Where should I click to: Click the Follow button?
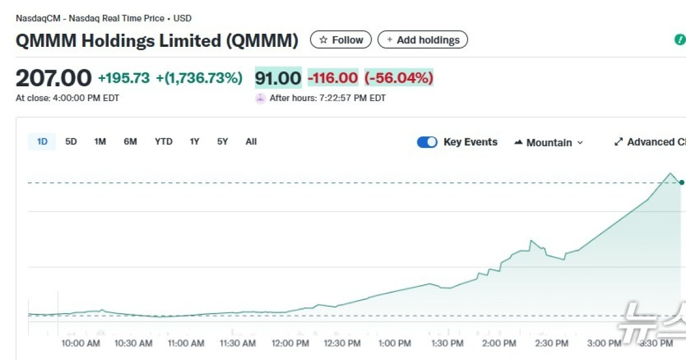pyautogui.click(x=341, y=40)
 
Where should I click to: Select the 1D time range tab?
pyautogui.click(x=42, y=142)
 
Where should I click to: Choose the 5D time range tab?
pyautogui.click(x=71, y=142)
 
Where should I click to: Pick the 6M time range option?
pyautogui.click(x=130, y=142)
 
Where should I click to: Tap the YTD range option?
pyautogui.click(x=163, y=142)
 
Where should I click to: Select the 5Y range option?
pyautogui.click(x=222, y=142)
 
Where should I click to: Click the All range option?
pyautogui.click(x=251, y=142)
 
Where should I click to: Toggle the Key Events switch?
pyautogui.click(x=427, y=142)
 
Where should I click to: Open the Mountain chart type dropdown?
pyautogui.click(x=549, y=142)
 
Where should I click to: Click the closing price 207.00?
pyautogui.click(x=53, y=78)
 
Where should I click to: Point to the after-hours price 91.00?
pyautogui.click(x=278, y=78)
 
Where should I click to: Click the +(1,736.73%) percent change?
pyautogui.click(x=199, y=78)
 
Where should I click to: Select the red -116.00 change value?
pyautogui.click(x=333, y=78)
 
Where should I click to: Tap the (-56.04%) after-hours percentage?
pyautogui.click(x=399, y=78)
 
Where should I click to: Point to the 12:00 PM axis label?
pyautogui.click(x=290, y=343)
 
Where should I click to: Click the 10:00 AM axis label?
pyautogui.click(x=81, y=343)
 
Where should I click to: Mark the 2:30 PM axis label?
pyautogui.click(x=551, y=343)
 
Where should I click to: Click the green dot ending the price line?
pyautogui.click(x=681, y=182)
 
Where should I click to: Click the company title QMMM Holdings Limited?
pyautogui.click(x=157, y=41)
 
